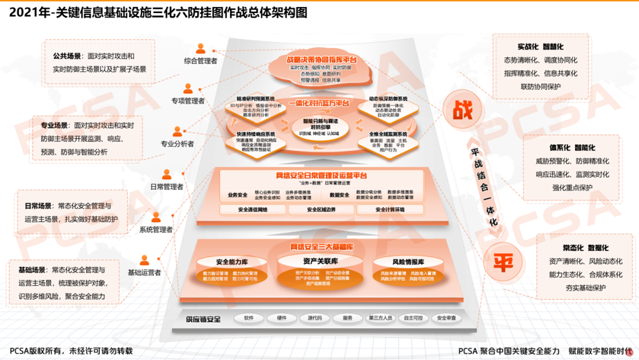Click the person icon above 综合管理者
tap(201, 49)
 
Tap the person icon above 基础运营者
tap(144, 260)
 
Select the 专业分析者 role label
tap(177, 143)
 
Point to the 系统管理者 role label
tap(156, 230)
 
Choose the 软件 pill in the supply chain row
tap(249, 319)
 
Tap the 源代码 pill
tap(315, 319)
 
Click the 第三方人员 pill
tap(380, 319)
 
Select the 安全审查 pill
tap(446, 319)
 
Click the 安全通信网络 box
tap(253, 210)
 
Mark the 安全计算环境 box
tap(390, 210)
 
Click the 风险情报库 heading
tap(408, 262)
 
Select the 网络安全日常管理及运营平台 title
tap(321, 175)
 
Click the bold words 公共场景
tap(66, 56)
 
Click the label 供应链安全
tap(203, 319)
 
